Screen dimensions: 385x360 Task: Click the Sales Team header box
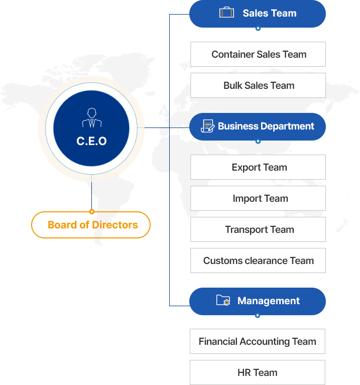click(258, 14)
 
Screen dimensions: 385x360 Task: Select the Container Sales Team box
click(258, 54)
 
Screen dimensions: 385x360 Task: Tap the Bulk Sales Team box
click(258, 85)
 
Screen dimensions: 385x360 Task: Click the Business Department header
click(258, 126)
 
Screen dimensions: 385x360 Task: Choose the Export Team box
click(258, 167)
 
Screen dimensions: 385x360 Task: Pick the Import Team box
click(258, 198)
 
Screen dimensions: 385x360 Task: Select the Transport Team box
click(258, 229)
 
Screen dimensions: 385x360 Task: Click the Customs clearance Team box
click(258, 261)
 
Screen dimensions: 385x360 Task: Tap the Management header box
click(258, 301)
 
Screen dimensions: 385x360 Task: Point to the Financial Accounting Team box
click(257, 342)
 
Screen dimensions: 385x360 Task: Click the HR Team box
click(257, 372)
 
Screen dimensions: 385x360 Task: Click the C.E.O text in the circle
click(91, 142)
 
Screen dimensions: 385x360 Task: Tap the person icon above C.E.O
click(91, 118)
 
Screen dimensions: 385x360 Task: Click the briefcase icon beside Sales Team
click(226, 13)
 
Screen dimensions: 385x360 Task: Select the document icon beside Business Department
click(207, 126)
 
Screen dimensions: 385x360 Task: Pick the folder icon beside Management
click(223, 300)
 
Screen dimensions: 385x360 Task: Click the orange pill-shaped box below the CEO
click(91, 225)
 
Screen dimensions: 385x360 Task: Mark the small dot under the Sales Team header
click(258, 29)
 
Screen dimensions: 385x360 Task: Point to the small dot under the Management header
click(258, 316)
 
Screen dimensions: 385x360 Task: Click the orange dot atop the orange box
click(92, 211)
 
